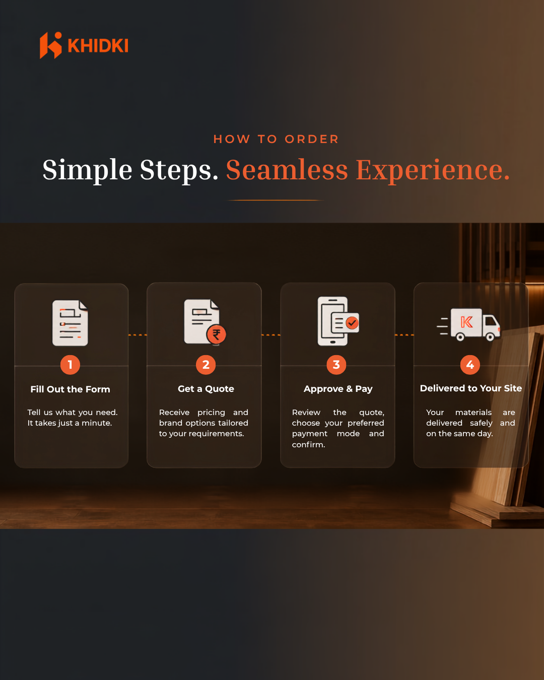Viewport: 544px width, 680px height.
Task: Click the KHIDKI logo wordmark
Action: [x=98, y=45]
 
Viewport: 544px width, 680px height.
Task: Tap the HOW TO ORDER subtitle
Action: [x=276, y=139]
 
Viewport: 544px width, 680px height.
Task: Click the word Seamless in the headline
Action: [x=287, y=170]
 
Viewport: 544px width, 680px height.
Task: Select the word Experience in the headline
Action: [x=433, y=171]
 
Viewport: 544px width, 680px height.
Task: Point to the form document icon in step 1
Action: [x=70, y=323]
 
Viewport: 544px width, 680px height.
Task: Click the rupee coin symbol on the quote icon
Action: [x=216, y=334]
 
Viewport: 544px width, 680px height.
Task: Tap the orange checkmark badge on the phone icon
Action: [x=352, y=323]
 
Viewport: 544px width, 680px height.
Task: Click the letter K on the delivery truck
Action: [x=466, y=322]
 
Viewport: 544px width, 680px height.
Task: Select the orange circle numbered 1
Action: [x=70, y=365]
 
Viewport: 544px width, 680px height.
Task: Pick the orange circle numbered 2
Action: [x=206, y=365]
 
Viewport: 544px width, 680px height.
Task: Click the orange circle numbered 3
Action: [x=336, y=365]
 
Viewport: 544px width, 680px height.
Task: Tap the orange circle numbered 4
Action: [x=470, y=365]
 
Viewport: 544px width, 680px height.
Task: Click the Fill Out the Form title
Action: [x=70, y=389]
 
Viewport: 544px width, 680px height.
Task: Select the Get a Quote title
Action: [x=206, y=389]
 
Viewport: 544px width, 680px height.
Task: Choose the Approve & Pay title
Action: [x=338, y=389]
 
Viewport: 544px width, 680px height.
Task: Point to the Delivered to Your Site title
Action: [x=471, y=388]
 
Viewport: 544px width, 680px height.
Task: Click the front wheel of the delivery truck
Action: [x=490, y=337]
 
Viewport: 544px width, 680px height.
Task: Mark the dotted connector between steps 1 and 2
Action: [x=138, y=334]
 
